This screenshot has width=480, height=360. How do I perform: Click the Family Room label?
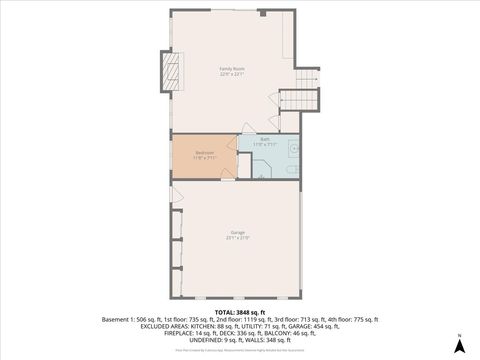(233, 68)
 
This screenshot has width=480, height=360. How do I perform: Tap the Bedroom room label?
(204, 153)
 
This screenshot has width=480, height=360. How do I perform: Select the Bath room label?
(265, 139)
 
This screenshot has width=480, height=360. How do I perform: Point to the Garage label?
(237, 233)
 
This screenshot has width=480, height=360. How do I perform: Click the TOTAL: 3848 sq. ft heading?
(240, 311)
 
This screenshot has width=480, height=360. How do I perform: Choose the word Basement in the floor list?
(116, 318)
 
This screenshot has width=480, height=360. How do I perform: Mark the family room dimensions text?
(233, 74)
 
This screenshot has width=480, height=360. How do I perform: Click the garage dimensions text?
(237, 239)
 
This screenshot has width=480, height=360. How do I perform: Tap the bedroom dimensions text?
(204, 158)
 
